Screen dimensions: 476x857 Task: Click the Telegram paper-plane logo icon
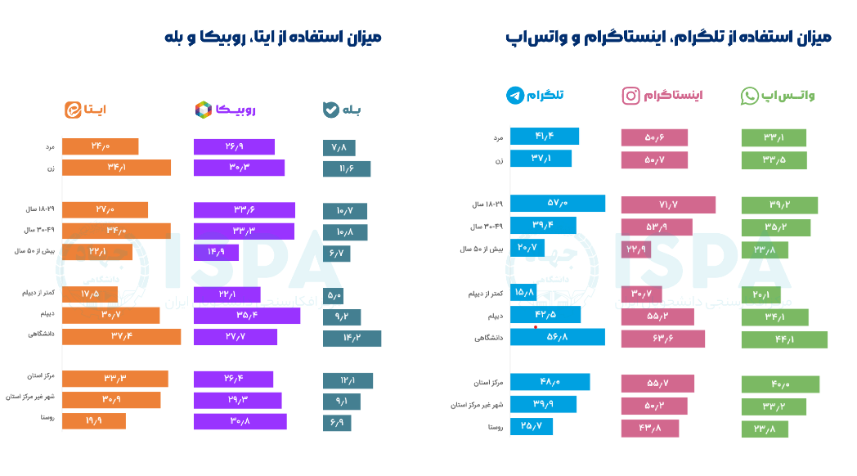click(515, 96)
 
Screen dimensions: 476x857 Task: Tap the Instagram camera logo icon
click(631, 97)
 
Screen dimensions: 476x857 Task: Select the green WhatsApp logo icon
click(750, 97)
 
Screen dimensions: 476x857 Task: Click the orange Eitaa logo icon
click(73, 110)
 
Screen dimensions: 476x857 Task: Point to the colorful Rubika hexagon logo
click(203, 110)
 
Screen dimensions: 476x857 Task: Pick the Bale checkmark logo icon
click(331, 110)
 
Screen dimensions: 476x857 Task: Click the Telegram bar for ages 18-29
click(557, 204)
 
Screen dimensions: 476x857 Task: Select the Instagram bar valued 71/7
click(668, 205)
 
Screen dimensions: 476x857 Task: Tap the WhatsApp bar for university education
click(784, 339)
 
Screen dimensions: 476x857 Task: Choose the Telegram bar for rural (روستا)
click(532, 426)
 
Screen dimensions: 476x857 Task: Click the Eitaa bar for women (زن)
click(116, 168)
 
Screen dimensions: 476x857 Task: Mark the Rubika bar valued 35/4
click(247, 316)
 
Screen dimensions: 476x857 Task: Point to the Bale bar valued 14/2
click(352, 339)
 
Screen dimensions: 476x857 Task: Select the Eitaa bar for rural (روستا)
click(94, 421)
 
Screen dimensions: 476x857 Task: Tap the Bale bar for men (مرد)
click(339, 148)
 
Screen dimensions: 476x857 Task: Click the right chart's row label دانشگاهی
click(487, 337)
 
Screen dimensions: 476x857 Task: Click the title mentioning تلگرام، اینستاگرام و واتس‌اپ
click(668, 38)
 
